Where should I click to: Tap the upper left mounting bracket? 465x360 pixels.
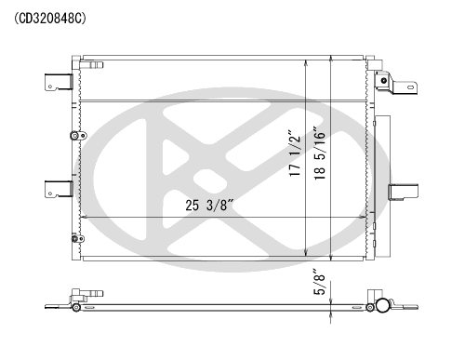[55, 84]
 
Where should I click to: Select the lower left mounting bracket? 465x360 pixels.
[55, 189]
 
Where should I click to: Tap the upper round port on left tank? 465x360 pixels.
[74, 137]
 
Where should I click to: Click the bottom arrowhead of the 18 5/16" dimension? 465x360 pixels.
[331, 257]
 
